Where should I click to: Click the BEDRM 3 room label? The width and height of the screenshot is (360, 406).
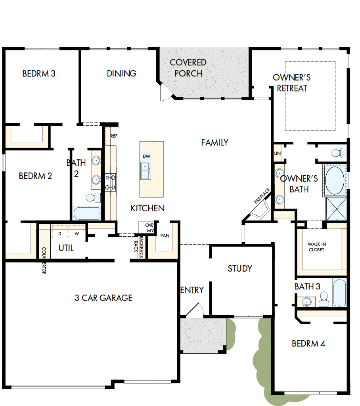(38, 73)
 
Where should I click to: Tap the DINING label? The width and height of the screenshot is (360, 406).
(121, 73)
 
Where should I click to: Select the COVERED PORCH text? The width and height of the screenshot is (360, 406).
(188, 68)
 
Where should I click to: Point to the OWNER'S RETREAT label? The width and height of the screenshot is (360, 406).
(292, 83)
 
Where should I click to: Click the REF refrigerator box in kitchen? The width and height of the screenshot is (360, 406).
(114, 136)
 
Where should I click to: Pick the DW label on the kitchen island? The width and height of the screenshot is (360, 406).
(146, 156)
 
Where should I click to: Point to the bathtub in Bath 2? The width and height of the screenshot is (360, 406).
(87, 213)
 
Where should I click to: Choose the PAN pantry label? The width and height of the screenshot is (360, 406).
(165, 236)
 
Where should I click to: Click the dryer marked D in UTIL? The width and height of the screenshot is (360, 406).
(60, 233)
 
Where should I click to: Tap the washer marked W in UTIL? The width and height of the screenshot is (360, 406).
(77, 233)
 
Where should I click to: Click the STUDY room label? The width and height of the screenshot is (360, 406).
(240, 268)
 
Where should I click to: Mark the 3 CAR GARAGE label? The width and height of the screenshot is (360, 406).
(103, 298)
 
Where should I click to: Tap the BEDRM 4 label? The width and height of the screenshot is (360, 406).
(308, 343)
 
